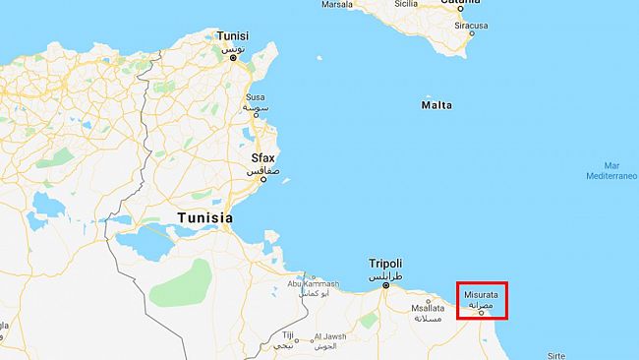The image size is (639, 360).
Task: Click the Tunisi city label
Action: click(233, 36)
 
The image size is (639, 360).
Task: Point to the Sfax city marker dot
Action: click(262, 179)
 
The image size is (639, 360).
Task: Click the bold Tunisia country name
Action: click(204, 217)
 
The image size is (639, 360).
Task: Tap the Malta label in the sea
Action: click(436, 104)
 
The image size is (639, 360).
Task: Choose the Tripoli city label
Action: click(385, 264)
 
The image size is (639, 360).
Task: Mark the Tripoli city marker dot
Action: click(385, 286)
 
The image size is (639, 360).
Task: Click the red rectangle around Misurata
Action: click(483, 300)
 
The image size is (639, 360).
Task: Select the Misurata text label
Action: click(480, 293)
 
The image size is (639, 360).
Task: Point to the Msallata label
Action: click(427, 308)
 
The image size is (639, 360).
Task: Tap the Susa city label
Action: click(255, 97)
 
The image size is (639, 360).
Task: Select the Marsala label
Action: click(337, 4)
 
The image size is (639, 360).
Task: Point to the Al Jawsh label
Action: click(332, 337)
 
